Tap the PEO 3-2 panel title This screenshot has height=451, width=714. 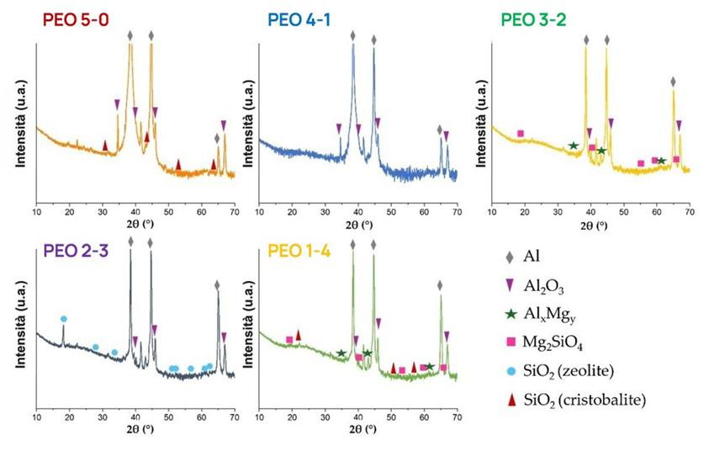click(x=532, y=17)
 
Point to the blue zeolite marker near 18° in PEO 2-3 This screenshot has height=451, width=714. click(x=63, y=318)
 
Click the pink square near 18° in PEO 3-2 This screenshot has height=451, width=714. click(x=521, y=134)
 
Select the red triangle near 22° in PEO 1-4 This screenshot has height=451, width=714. click(x=298, y=334)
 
